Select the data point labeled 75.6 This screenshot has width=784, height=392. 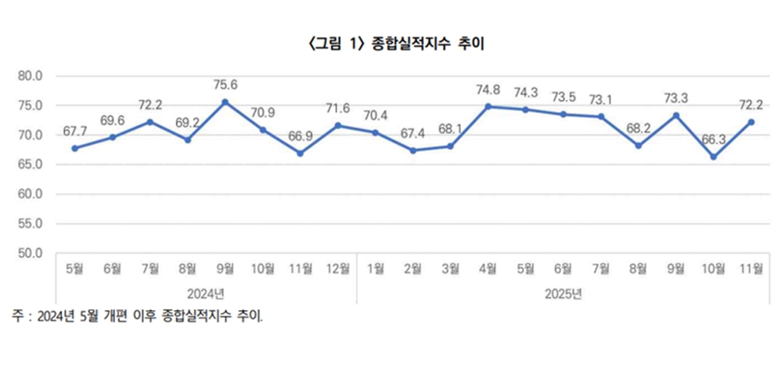click(x=226, y=102)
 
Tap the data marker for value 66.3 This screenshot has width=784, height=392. click(x=713, y=157)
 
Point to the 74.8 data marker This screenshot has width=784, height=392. click(x=488, y=106)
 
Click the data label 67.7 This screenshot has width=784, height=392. click(x=75, y=132)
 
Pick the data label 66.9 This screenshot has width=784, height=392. click(x=300, y=136)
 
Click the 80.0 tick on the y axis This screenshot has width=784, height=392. click(x=30, y=76)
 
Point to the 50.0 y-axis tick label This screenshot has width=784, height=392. click(x=30, y=253)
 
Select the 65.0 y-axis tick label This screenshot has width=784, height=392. click(x=30, y=165)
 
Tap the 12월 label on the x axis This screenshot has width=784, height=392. click(x=337, y=269)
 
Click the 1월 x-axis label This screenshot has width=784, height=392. click(x=375, y=269)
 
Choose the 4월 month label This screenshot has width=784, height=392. click(x=488, y=269)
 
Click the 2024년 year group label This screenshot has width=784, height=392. click(x=206, y=294)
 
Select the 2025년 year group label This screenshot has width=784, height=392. click(x=564, y=294)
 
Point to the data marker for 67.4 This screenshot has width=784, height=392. click(x=413, y=150)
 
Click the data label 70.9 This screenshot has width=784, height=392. click(x=262, y=112)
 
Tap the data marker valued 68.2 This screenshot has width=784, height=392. click(x=639, y=145)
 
